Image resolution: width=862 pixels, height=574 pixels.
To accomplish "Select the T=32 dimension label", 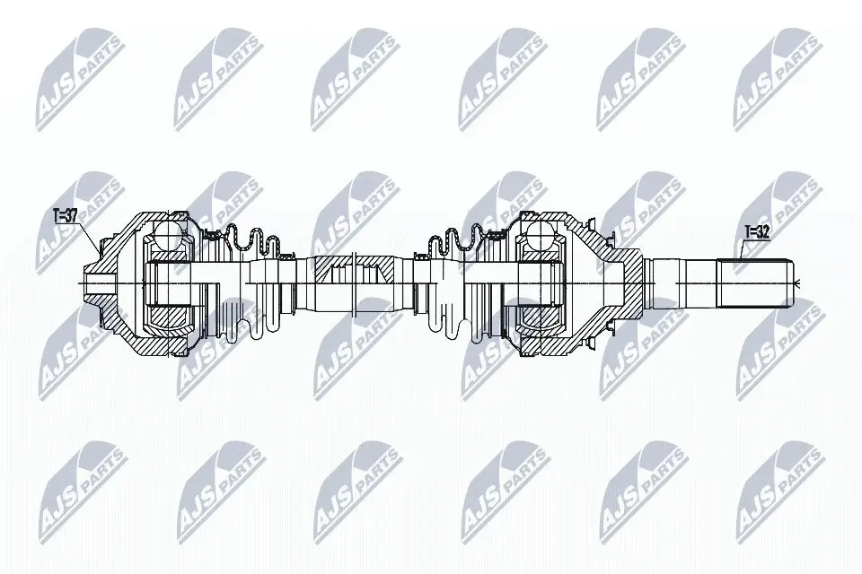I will [x=757, y=231].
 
